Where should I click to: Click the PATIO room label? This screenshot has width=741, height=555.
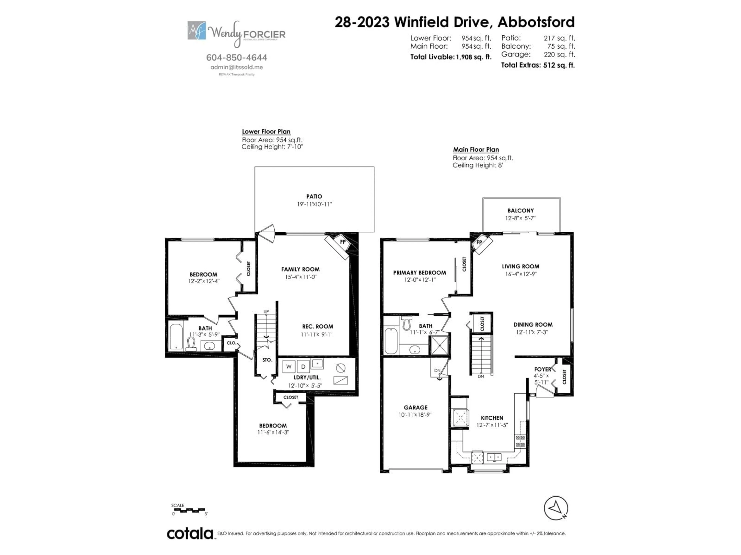[x=314, y=196]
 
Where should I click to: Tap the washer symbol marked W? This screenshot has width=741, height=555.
[x=288, y=366]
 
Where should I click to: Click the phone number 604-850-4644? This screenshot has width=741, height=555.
[x=237, y=58]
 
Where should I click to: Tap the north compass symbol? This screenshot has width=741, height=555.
[x=556, y=508]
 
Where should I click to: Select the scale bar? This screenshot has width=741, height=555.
[x=189, y=510]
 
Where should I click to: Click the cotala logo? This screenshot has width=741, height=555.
[x=190, y=534]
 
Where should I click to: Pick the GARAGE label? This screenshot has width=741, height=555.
[x=415, y=407]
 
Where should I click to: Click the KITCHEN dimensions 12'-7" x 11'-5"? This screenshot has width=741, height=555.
[x=492, y=425]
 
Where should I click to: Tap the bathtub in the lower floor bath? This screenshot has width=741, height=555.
[x=176, y=336]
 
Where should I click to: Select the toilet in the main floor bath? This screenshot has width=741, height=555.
[x=407, y=323]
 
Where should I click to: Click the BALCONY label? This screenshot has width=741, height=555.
[x=520, y=210]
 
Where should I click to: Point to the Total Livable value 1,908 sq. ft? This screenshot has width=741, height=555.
[x=473, y=57]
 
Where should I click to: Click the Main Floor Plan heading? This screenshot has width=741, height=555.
[x=476, y=150]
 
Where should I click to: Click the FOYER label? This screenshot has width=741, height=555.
[x=542, y=369]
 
